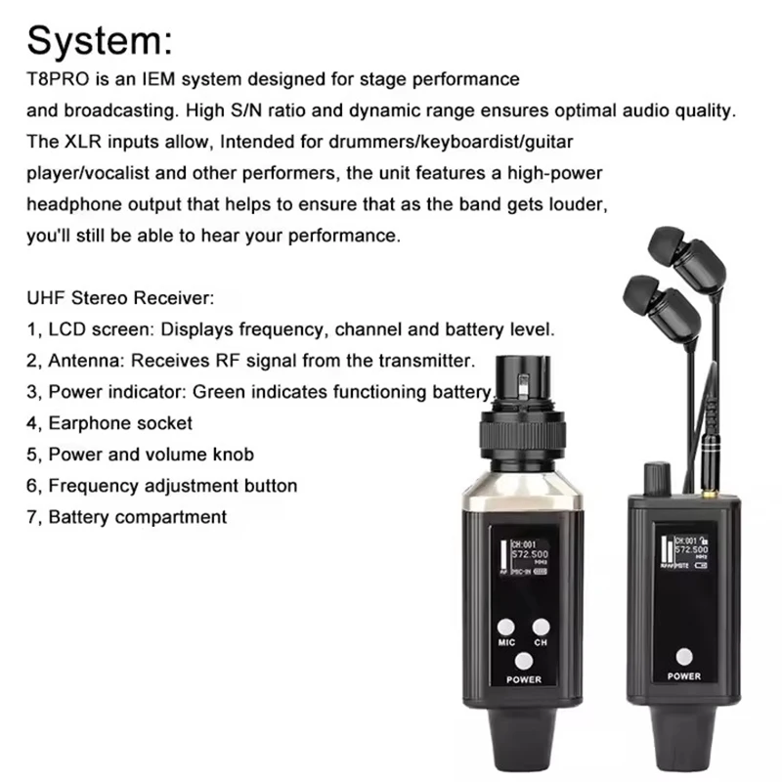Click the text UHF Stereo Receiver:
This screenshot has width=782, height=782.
[117, 297]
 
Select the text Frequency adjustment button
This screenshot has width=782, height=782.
[172, 485]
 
